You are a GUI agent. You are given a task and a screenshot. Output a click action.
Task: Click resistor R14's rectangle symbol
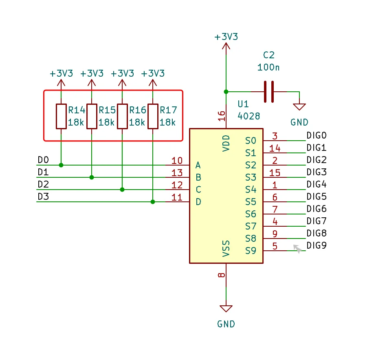pos(61,116)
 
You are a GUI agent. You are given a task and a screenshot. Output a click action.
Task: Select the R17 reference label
pos(168,110)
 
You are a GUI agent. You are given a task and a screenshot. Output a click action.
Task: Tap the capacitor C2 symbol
pos(269,92)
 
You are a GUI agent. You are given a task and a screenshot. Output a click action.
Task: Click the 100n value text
pos(268,68)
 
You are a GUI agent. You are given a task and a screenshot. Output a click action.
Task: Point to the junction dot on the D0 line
pos(61,165)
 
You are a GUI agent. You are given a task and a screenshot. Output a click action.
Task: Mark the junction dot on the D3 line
pos(153,202)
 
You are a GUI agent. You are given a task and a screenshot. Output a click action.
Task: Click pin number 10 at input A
pos(177,161)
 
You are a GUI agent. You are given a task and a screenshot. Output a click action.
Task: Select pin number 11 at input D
pos(177,197)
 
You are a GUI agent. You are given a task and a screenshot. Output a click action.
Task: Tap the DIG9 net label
pos(317,245)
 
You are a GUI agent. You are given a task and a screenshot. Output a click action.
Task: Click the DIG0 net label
pos(317,135)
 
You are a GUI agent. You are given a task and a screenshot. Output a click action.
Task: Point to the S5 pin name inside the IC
pos(251,202)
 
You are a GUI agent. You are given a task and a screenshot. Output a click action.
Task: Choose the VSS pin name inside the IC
pos(226,249)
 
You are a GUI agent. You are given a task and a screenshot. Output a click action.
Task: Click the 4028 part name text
pos(249,116)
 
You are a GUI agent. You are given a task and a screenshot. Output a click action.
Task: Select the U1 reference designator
pos(243,104)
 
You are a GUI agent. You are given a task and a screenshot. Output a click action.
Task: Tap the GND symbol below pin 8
pos(226,309)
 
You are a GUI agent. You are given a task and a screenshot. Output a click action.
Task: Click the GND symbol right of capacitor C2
pos(299,107)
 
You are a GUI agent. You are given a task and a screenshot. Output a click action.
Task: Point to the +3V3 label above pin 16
pos(226,37)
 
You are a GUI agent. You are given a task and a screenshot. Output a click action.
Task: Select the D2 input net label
pos(43,184)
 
